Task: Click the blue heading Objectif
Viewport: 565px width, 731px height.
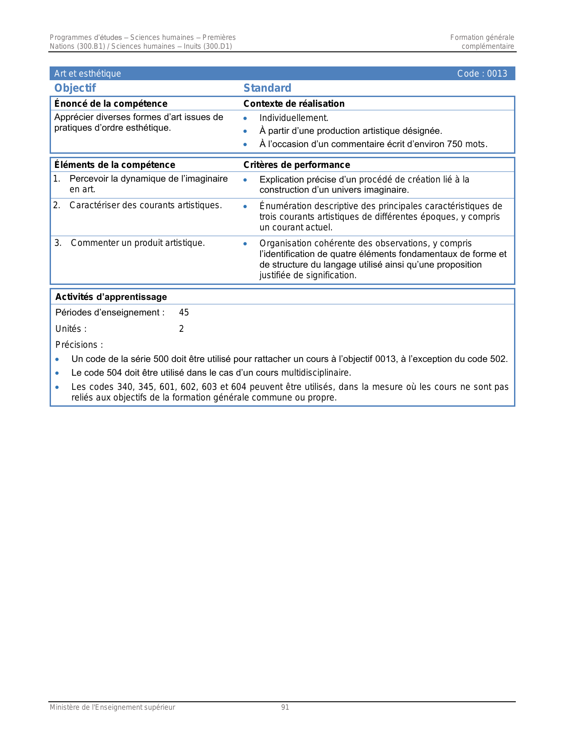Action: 75,88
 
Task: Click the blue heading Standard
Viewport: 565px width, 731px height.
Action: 267,88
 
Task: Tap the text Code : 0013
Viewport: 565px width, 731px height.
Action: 482,74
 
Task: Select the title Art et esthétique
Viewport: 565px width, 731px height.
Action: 87,74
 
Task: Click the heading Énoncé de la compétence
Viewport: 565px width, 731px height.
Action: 110,104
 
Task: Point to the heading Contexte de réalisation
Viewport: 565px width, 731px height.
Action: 294,104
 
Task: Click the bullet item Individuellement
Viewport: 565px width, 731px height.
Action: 294,118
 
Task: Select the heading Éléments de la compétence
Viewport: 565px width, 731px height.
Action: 114,165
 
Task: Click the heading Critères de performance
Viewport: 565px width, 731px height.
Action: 296,165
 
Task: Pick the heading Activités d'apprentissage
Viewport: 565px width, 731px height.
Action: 111,297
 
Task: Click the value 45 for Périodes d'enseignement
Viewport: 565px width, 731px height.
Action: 184,313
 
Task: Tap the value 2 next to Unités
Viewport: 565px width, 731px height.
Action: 181,329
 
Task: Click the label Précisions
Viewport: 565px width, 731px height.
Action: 79,345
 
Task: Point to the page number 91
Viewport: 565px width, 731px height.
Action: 285,708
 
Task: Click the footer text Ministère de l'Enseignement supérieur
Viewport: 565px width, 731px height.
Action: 112,708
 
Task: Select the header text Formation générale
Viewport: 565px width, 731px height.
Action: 482,38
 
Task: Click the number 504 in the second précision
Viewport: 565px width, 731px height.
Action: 114,373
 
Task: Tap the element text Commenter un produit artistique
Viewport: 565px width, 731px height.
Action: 137,243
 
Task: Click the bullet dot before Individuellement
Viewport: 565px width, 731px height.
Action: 245,118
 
